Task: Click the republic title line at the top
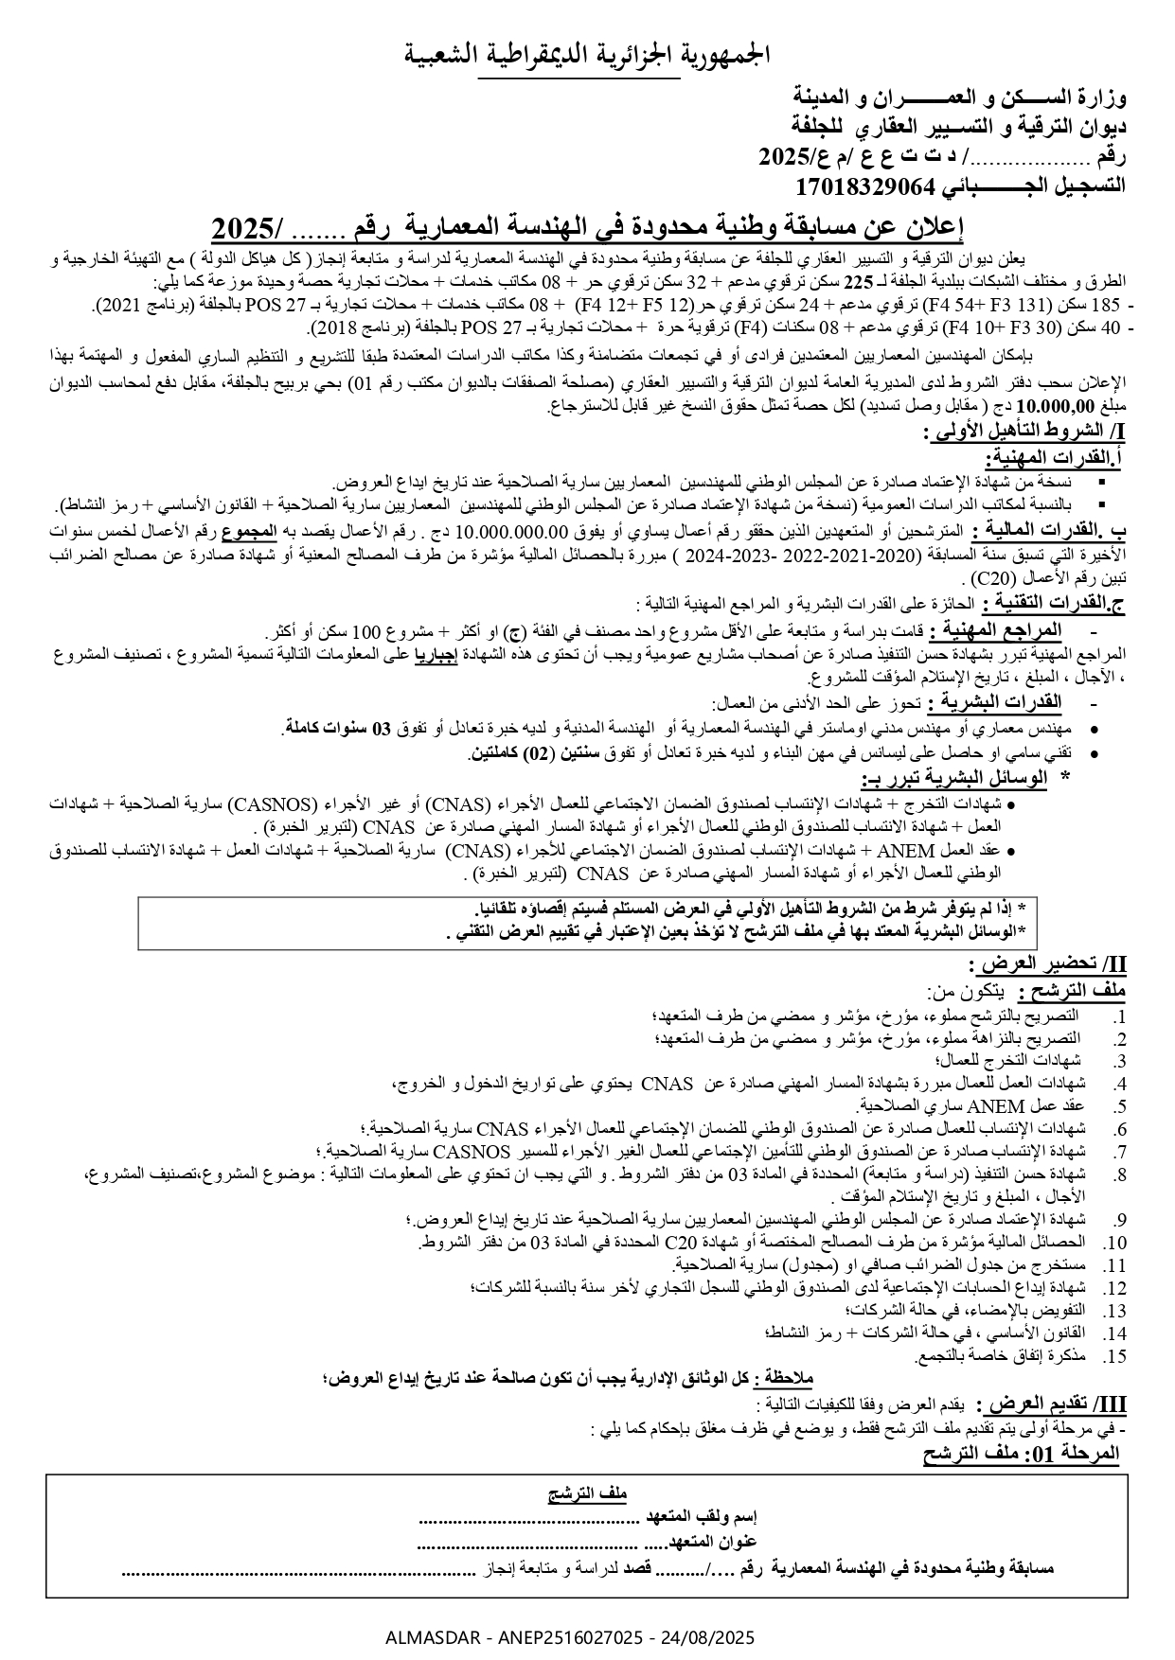click(587, 54)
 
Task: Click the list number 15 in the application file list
click(1115, 1357)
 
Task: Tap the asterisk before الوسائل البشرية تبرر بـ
click(1066, 777)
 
